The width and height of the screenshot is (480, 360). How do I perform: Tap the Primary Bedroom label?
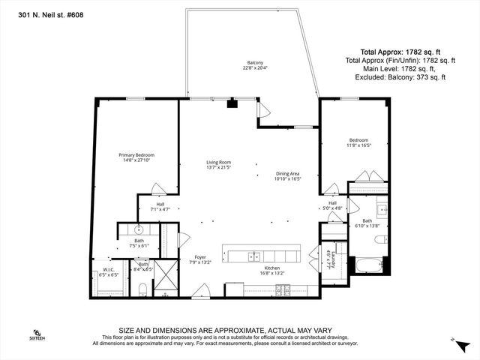point(136,155)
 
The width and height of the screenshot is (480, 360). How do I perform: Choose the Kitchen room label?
point(272,268)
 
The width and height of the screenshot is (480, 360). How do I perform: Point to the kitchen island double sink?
point(255,256)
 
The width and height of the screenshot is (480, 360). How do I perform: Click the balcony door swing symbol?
point(262,110)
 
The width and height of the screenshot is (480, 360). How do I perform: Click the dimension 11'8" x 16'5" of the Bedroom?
point(359,145)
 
